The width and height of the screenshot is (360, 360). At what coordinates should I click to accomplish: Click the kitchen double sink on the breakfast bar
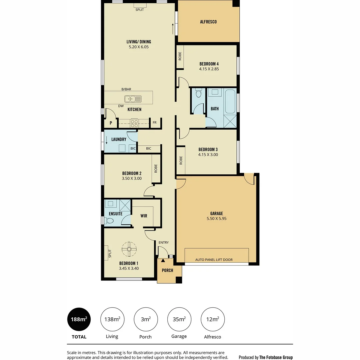click(x=133, y=99)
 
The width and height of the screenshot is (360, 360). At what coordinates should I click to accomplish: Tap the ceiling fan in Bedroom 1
click(x=129, y=248)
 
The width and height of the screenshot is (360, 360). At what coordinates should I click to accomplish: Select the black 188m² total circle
click(x=79, y=319)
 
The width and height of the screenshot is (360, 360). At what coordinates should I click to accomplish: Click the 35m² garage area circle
click(x=179, y=319)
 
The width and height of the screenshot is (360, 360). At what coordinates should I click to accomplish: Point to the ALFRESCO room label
click(x=208, y=22)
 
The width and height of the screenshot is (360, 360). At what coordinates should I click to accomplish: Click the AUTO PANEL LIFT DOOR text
click(x=214, y=260)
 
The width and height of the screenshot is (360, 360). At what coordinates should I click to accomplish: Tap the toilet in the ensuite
click(x=110, y=221)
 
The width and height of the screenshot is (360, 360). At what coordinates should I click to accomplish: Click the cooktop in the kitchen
click(x=135, y=123)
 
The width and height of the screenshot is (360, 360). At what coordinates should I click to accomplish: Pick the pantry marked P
click(x=111, y=123)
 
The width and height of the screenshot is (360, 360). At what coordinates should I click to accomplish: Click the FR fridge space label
click(x=155, y=123)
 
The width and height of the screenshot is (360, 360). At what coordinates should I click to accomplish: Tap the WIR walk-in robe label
click(x=144, y=216)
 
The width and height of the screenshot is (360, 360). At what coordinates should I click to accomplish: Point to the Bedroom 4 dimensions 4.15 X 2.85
click(x=209, y=69)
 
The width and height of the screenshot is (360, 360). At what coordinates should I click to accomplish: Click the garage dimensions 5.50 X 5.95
click(x=216, y=219)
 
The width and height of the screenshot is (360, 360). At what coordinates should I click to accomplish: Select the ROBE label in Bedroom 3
click(x=181, y=161)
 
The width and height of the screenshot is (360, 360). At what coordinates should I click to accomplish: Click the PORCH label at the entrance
click(x=167, y=270)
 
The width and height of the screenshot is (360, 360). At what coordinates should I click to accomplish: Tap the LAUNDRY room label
click(x=119, y=139)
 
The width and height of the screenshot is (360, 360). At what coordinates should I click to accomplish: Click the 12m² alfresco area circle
click(x=212, y=319)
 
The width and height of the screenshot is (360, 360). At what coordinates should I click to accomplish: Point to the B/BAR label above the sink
click(x=126, y=89)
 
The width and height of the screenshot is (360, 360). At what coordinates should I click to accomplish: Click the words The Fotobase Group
click(x=276, y=357)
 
